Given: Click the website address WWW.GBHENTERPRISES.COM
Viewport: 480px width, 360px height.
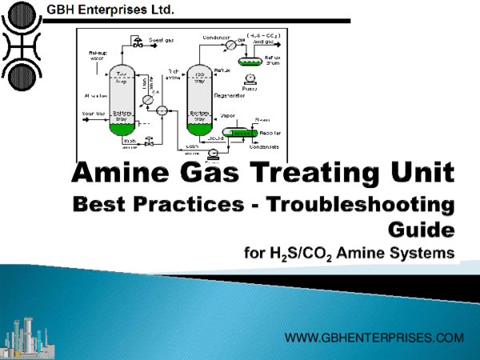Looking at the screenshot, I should pos(374,338).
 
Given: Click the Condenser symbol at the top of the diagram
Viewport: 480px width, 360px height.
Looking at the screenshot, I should pos(232,46).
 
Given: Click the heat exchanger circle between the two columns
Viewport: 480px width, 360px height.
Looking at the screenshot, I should pos(162,110).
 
